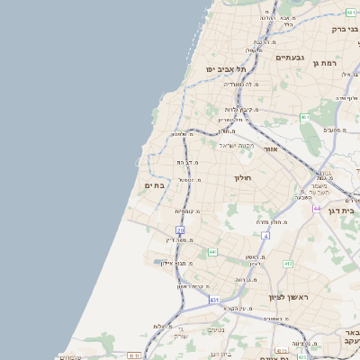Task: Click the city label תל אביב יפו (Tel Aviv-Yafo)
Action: coord(220,68)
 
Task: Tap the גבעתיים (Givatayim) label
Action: coord(290,57)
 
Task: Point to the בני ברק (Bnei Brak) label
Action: coord(345,29)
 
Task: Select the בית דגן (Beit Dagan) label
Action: coord(345,210)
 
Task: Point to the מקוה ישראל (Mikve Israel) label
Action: coord(237,146)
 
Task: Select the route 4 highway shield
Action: coord(266,235)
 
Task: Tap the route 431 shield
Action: coord(213,299)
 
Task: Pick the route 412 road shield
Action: coord(287,264)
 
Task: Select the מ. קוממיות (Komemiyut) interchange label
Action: coord(187,211)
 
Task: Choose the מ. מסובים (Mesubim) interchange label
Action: coord(330,130)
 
